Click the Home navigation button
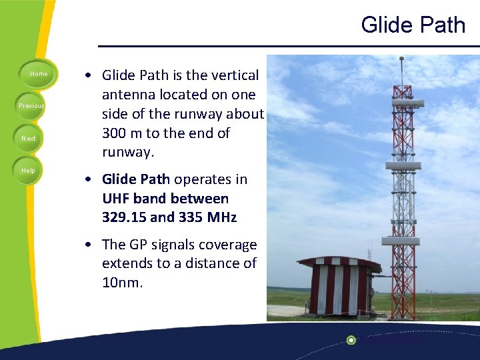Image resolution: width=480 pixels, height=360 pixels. point(39,74)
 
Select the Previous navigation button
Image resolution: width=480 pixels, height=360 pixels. point(31,106)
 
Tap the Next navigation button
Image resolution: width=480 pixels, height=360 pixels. point(29,139)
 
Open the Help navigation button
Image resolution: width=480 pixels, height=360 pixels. point(28,171)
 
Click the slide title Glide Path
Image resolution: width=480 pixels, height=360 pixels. point(413,25)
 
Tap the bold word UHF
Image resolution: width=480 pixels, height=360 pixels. point(116,199)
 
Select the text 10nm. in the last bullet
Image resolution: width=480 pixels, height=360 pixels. point(123,282)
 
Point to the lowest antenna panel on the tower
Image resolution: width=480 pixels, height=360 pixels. point(400,241)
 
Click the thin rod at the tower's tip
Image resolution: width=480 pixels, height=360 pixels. point(401,70)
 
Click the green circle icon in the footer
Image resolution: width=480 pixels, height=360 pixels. point(351,341)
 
